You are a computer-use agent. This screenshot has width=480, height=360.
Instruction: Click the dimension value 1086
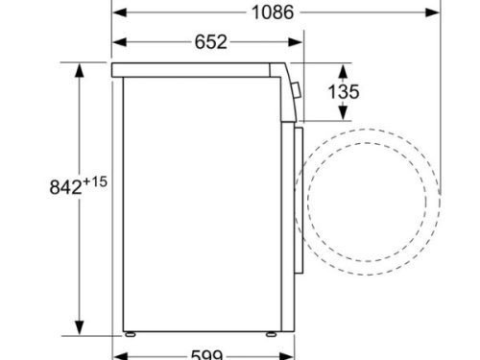pyautogui.click(x=274, y=13)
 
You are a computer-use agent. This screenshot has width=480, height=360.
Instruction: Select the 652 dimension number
pyautogui.click(x=210, y=41)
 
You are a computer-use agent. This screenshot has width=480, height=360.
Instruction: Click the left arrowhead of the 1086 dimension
pyautogui.click(x=117, y=13)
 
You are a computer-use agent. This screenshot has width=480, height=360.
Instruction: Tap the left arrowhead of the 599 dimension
pyautogui.click(x=117, y=352)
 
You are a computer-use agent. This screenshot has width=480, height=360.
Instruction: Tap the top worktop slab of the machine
pyautogui.click(x=202, y=69)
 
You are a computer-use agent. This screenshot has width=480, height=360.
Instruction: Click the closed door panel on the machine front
pyautogui.click(x=296, y=192)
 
